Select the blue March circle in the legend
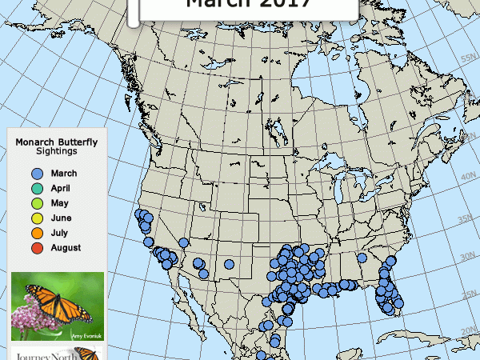36,174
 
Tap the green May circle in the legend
36,203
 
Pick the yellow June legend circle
36,218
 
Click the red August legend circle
36,248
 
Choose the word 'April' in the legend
61,189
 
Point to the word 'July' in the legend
60,233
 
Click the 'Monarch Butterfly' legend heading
56,142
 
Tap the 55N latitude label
468,58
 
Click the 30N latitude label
468,255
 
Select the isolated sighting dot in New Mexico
229,264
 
